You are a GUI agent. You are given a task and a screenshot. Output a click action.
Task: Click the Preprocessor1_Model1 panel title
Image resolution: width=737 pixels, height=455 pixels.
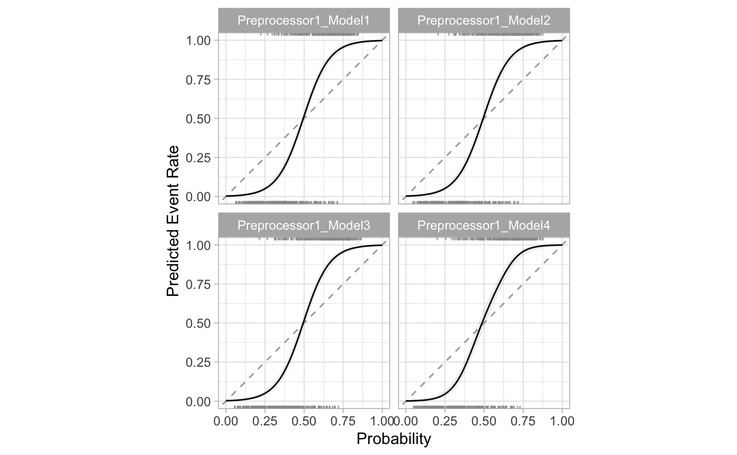pos(304,21)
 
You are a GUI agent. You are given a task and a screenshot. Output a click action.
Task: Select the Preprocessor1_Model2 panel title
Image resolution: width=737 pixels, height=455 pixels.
pos(484,21)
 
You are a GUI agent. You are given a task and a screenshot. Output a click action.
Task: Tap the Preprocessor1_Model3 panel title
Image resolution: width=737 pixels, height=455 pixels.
pos(304,225)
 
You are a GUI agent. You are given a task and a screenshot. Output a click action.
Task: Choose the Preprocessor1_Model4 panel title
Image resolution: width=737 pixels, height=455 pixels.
pos(484,225)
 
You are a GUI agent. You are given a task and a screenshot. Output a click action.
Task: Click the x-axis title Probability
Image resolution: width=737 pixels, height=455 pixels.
pos(394,439)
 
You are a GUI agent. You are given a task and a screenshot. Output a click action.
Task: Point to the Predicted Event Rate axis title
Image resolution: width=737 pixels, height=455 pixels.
pos(173,221)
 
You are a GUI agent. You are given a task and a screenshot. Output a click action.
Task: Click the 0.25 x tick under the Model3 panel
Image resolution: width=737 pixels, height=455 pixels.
pos(265,421)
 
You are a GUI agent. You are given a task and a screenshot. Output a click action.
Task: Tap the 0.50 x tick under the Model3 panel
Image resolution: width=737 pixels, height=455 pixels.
pos(304,421)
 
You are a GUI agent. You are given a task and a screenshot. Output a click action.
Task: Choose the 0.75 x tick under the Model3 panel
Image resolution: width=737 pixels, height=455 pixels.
pos(343,421)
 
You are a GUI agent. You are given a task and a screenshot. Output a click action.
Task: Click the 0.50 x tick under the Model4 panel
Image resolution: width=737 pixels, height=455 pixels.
pos(484,421)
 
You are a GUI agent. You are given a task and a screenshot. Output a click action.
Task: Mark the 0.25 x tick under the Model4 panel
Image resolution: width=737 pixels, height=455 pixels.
pos(445,421)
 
